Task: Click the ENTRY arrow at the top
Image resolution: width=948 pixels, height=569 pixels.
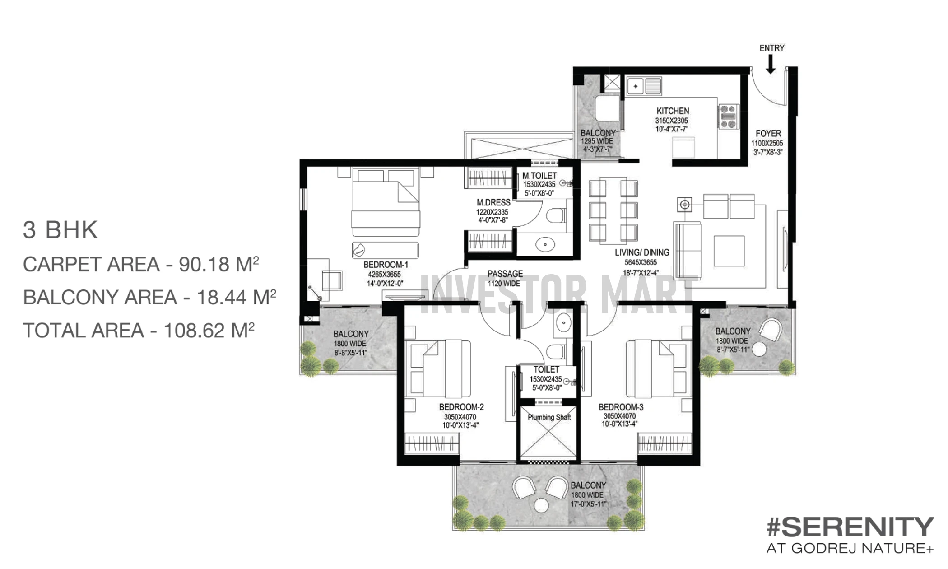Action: [x=771, y=64]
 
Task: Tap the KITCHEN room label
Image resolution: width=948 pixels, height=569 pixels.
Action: [x=673, y=111]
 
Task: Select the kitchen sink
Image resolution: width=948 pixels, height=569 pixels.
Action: [x=644, y=86]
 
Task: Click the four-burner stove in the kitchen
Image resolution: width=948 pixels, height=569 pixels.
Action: [x=728, y=117]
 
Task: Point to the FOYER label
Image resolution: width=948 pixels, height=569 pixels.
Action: [x=768, y=134]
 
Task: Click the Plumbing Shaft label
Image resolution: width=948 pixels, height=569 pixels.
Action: [x=549, y=417]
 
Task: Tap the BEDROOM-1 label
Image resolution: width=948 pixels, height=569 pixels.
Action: [x=386, y=265]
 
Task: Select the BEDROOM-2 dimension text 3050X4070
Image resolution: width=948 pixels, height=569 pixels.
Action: [x=460, y=417]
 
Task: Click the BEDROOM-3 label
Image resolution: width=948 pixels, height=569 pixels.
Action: [x=621, y=407]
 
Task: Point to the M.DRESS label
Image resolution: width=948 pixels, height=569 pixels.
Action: [x=493, y=203]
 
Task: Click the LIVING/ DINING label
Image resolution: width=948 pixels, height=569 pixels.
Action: [x=642, y=252]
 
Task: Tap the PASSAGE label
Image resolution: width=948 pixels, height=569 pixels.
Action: [x=505, y=274]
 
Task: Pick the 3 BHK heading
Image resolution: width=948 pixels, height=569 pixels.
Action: [x=60, y=230]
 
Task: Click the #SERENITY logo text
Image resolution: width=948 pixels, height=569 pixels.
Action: [x=850, y=527]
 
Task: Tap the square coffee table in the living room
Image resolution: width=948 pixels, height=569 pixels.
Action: [x=729, y=251]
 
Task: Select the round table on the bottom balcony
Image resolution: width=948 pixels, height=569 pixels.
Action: [x=541, y=505]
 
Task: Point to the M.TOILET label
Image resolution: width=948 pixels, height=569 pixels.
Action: [x=539, y=176]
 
